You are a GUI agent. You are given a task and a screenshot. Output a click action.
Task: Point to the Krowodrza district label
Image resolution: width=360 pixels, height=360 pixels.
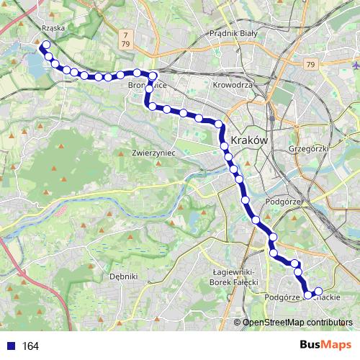click(232, 84)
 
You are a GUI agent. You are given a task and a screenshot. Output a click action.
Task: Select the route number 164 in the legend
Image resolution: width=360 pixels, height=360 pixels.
click(30, 346)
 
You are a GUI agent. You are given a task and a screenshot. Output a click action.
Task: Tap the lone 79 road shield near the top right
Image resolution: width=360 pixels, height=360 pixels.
click(310, 65)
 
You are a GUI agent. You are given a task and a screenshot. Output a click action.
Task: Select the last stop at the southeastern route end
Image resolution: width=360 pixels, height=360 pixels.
click(318, 291)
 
